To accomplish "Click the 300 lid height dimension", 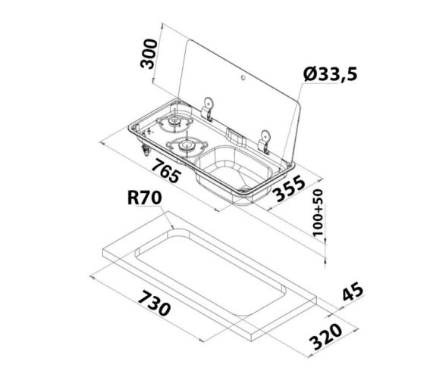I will pos(151,54).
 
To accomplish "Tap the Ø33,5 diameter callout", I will pos(329,74).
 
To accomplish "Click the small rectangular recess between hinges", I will pos(234,137).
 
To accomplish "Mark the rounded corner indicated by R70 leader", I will pos(176,227).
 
